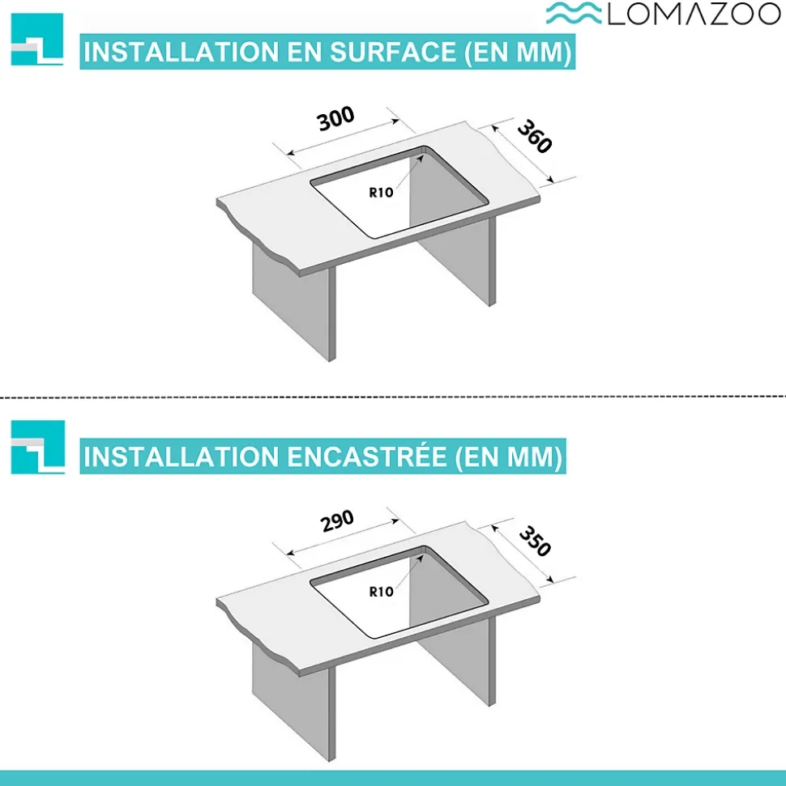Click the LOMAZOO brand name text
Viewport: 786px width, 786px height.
click(x=694, y=14)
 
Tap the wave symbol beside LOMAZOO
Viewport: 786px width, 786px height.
click(x=574, y=13)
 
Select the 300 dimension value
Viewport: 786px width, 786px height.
click(x=335, y=118)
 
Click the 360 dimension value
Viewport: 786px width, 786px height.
click(x=535, y=136)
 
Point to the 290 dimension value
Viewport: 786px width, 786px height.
click(x=337, y=520)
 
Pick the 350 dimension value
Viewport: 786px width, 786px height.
click(x=535, y=541)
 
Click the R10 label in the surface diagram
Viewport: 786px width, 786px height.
click(x=381, y=193)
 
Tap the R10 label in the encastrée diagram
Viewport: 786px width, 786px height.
click(x=381, y=592)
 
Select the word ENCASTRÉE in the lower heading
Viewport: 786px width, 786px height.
click(x=367, y=457)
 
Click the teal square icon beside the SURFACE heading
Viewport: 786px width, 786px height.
click(x=37, y=40)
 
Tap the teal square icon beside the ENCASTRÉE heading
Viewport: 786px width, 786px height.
click(x=37, y=447)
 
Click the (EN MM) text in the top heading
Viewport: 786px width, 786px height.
click(x=518, y=52)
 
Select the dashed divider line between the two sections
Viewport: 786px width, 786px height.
click(x=393, y=397)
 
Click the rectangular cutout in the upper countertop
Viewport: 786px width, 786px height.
click(x=399, y=193)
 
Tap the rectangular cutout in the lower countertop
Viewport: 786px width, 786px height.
click(x=399, y=592)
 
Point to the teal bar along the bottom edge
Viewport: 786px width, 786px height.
click(x=393, y=778)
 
